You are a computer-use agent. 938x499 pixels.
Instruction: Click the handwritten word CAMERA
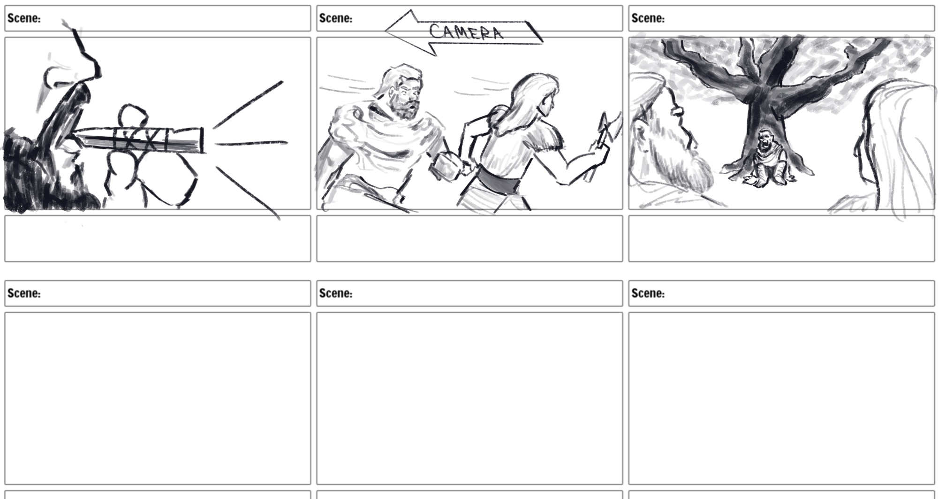pyautogui.click(x=466, y=32)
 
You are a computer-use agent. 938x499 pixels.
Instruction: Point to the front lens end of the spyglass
pyautogui.click(x=202, y=140)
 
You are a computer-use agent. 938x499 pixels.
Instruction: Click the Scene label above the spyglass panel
pyautogui.click(x=24, y=18)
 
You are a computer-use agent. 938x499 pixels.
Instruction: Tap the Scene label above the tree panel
pyautogui.click(x=648, y=18)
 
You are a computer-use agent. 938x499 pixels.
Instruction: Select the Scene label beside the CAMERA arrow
pyautogui.click(x=336, y=18)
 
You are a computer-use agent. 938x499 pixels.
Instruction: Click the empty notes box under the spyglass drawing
pyautogui.click(x=158, y=238)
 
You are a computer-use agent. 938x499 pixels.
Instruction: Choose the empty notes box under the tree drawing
pyautogui.click(x=781, y=238)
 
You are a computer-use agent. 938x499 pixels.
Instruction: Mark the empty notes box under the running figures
pyautogui.click(x=469, y=238)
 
